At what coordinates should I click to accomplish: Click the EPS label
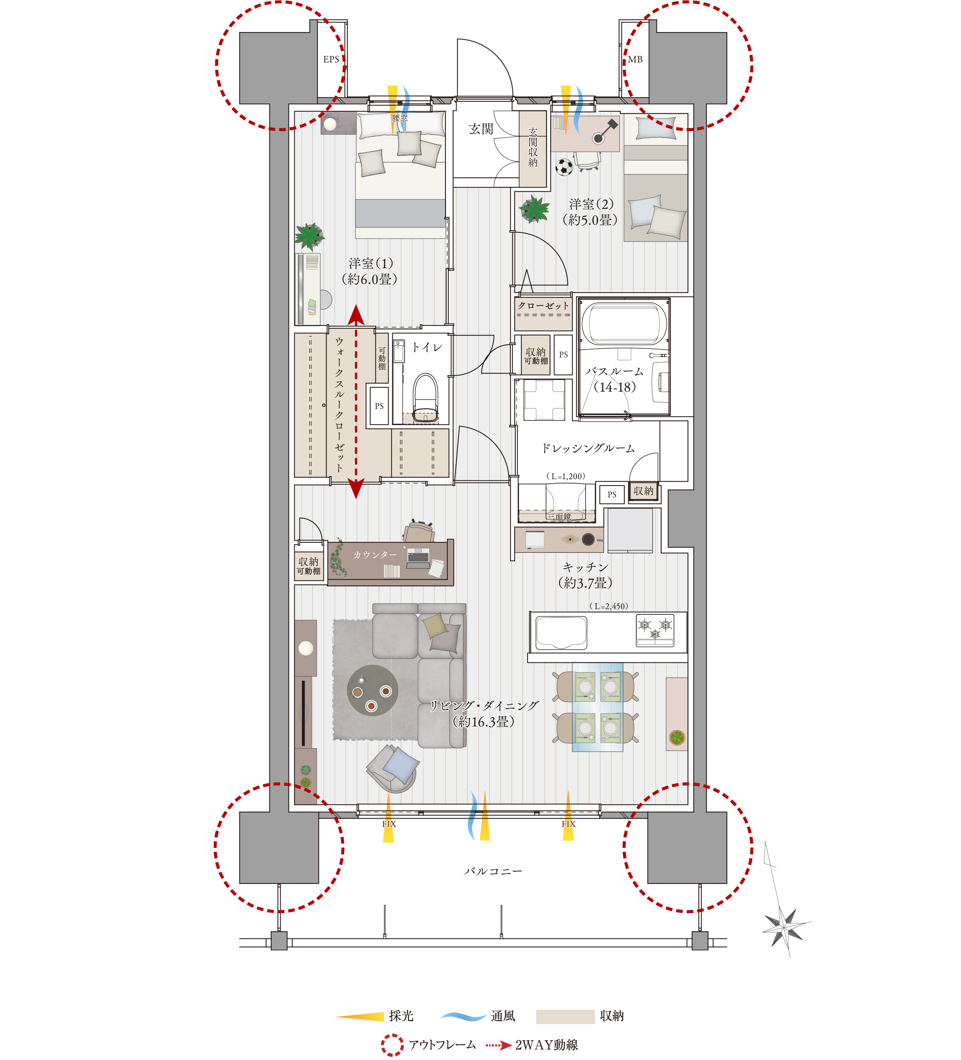click(331, 59)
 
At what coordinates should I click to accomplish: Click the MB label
click(635, 59)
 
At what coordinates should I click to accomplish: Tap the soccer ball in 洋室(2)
click(564, 167)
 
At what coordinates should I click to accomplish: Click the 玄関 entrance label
click(481, 129)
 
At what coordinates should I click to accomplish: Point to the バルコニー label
click(493, 871)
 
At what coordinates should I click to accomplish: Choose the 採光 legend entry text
click(401, 1015)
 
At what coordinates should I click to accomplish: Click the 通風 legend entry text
click(503, 1015)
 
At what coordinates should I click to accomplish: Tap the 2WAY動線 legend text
click(547, 1045)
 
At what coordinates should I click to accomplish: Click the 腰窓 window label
click(399, 118)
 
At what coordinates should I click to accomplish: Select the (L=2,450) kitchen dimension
click(608, 606)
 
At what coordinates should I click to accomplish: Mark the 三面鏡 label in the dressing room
click(559, 516)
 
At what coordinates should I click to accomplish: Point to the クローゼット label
click(543, 305)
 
